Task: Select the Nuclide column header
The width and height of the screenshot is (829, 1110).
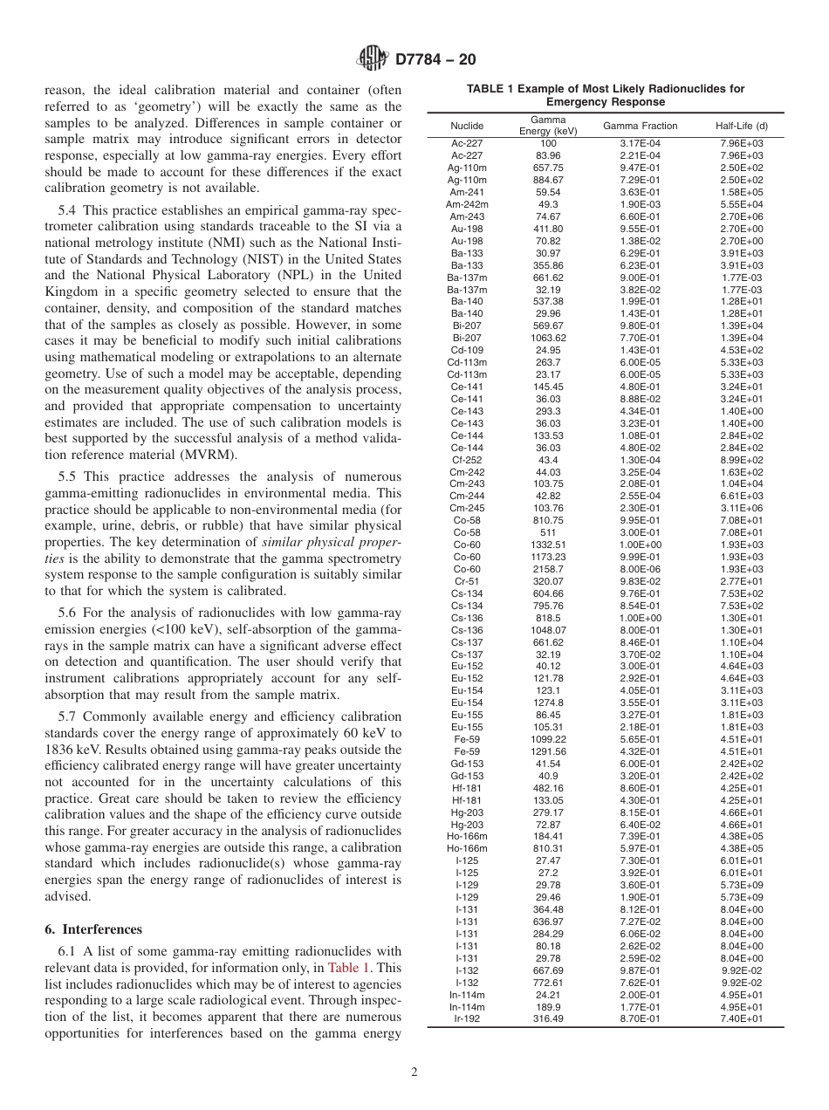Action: coord(467,126)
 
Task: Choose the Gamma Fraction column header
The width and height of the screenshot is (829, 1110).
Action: coord(640,126)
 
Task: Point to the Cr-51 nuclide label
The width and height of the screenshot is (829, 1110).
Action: coord(467,581)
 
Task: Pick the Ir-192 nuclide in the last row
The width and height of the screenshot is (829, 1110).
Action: coord(467,1018)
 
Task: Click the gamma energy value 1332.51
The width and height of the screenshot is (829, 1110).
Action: coord(548,545)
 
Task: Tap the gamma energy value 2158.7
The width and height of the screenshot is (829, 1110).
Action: coord(548,569)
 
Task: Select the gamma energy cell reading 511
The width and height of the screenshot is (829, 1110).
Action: coord(548,532)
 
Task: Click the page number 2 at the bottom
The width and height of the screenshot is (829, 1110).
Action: coord(414,1073)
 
